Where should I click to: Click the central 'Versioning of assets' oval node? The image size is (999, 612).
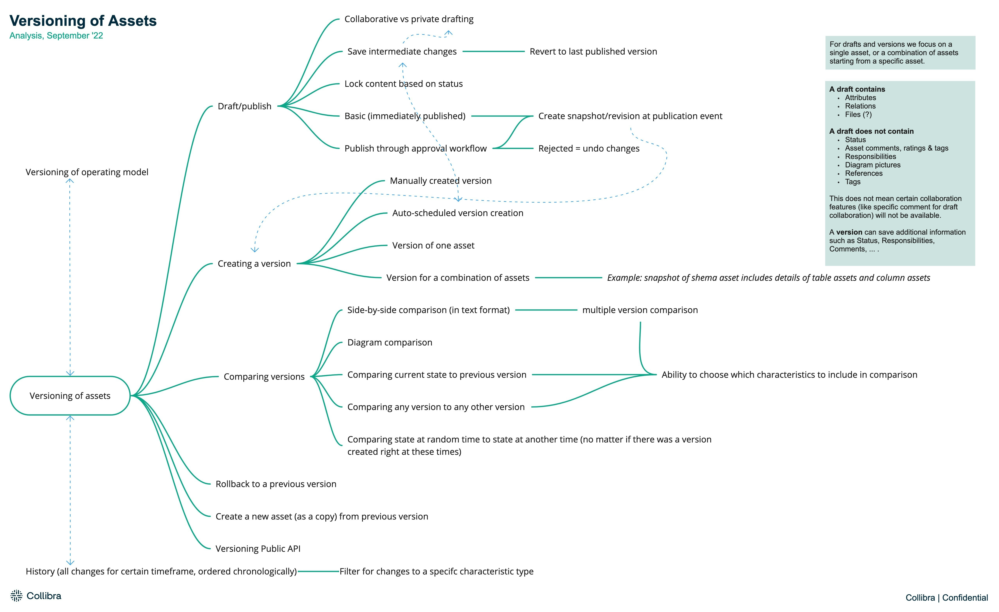point(70,395)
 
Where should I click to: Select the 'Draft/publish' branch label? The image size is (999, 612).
point(245,106)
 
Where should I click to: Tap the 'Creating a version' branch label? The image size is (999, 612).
point(254,264)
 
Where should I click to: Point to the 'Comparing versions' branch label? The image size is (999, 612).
point(264,377)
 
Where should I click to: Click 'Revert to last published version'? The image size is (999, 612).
point(593,51)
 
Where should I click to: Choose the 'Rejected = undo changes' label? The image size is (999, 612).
point(589,148)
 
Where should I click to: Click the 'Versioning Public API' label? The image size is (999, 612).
point(258,549)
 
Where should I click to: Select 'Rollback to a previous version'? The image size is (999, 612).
point(276,484)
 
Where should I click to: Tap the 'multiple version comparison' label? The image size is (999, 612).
point(640,310)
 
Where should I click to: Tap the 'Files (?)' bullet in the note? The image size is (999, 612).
point(858,114)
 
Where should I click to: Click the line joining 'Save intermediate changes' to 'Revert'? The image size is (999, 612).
point(493,51)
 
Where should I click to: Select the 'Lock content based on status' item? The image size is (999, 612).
point(403,83)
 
